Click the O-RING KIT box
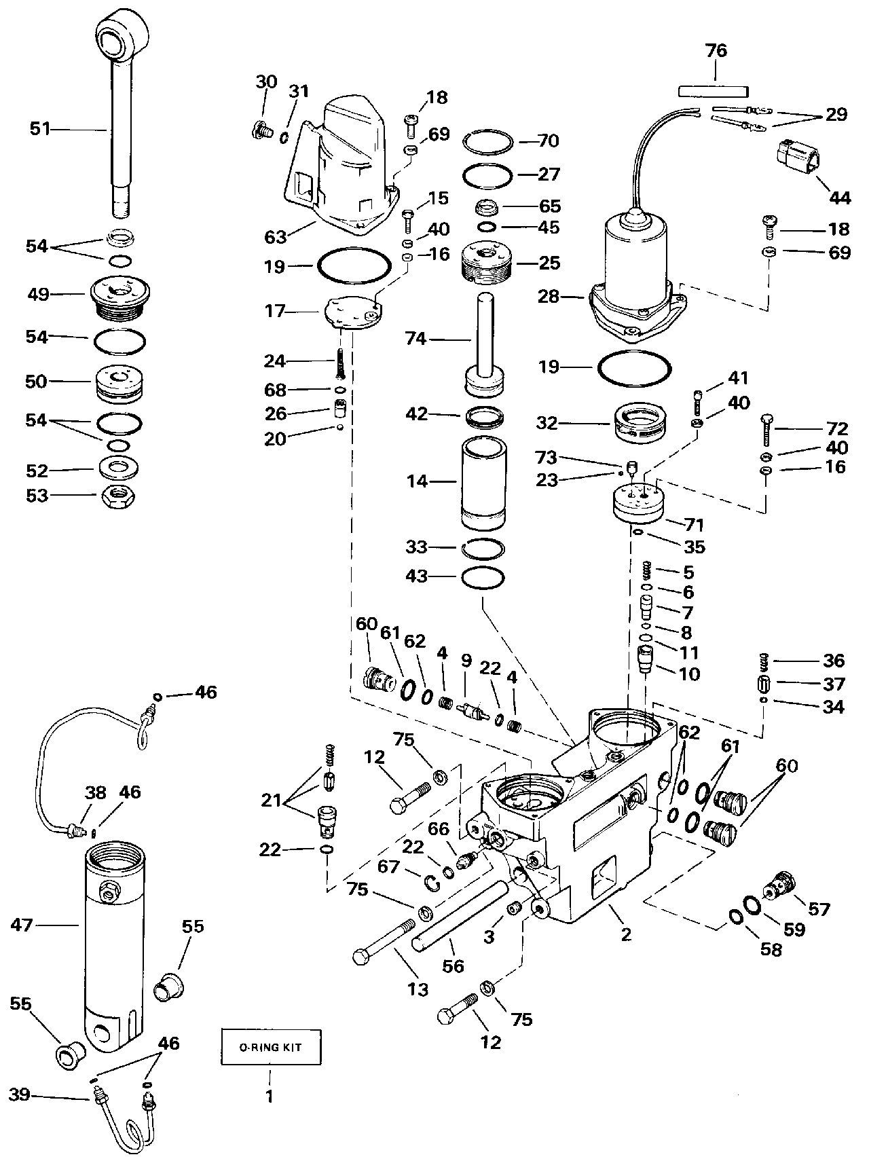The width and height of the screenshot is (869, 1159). pos(270,1047)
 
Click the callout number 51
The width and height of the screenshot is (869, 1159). pos(40,128)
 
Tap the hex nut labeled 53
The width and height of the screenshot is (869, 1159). pos(119,496)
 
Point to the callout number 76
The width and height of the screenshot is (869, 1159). pos(716,51)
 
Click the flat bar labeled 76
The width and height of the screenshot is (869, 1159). pos(713,90)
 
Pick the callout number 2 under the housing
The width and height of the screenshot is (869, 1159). pos(626,935)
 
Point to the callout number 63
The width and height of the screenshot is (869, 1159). pos(276,237)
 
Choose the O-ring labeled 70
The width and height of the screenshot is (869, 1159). pos(487,142)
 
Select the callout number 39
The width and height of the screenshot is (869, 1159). pos(20,1094)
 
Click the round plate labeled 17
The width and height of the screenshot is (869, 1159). pos(354,313)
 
